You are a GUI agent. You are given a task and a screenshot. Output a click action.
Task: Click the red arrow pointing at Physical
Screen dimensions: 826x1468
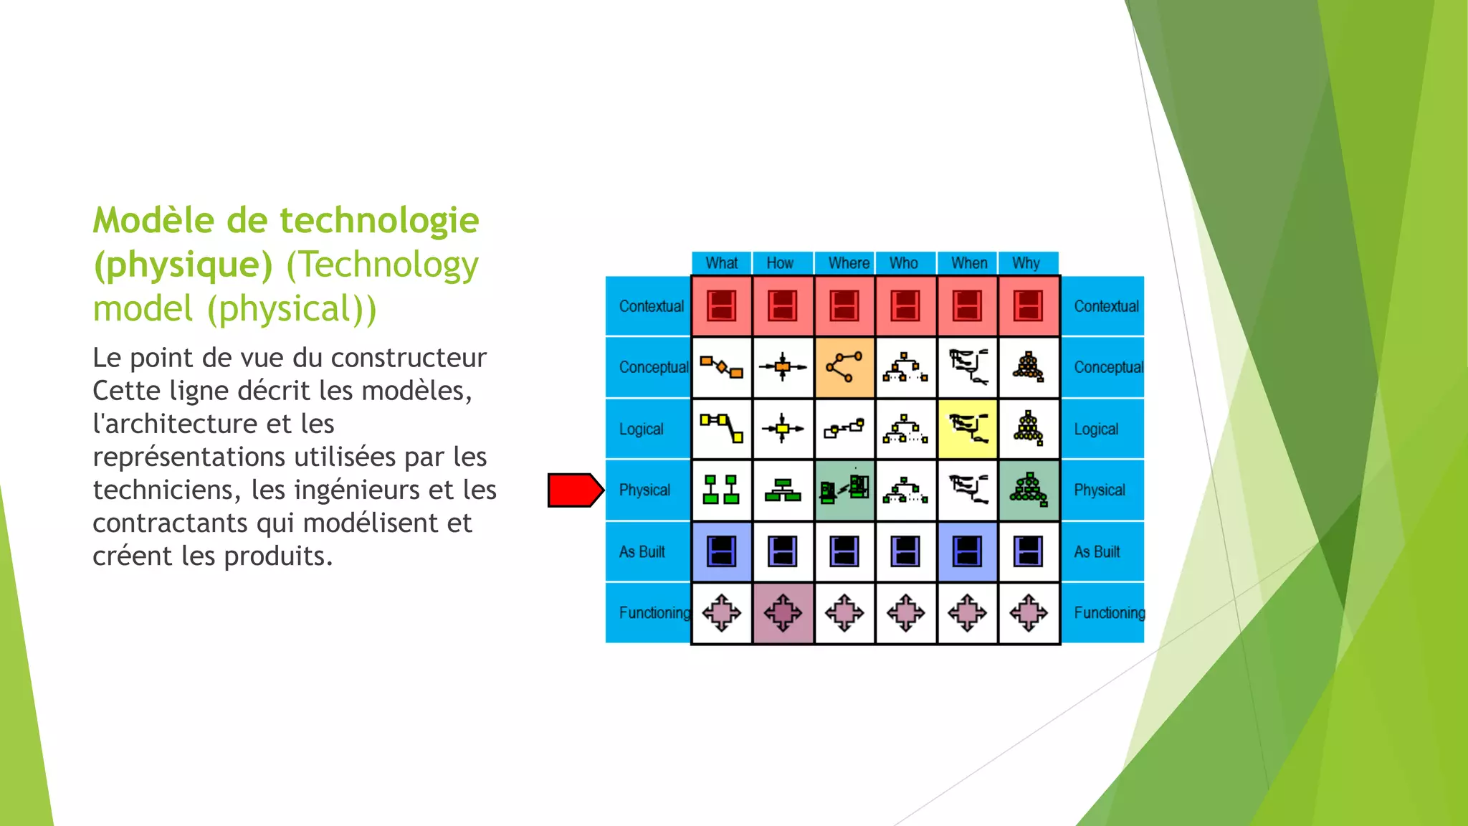point(575,490)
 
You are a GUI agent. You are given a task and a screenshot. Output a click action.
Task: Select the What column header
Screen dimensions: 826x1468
point(721,263)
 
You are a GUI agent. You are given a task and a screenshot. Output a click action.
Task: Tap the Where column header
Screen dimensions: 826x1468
point(849,263)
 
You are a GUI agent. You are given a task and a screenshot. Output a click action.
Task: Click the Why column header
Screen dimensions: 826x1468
point(1026,263)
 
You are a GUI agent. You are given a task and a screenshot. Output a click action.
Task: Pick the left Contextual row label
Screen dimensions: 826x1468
point(651,306)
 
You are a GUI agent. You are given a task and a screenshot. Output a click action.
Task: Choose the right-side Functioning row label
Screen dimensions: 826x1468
point(1108,613)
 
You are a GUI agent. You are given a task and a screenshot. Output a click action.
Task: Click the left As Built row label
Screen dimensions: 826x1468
point(642,552)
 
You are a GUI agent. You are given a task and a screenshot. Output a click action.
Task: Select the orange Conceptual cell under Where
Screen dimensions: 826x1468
point(844,368)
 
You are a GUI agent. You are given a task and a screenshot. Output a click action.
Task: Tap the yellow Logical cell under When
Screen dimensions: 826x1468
point(967,429)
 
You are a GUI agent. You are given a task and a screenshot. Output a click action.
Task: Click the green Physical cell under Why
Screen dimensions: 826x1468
point(1029,490)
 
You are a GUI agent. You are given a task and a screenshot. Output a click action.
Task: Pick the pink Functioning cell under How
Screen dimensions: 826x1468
point(783,613)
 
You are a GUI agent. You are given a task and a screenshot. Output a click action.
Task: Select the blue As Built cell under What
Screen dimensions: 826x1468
point(721,552)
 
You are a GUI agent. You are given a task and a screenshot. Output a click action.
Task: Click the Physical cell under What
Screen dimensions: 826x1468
point(721,490)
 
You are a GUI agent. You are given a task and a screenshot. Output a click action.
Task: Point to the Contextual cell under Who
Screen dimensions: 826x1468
point(905,306)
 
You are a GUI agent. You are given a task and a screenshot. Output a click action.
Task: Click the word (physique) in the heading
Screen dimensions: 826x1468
point(183,265)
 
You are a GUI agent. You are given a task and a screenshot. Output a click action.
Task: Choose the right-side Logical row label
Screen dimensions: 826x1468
point(1096,429)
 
